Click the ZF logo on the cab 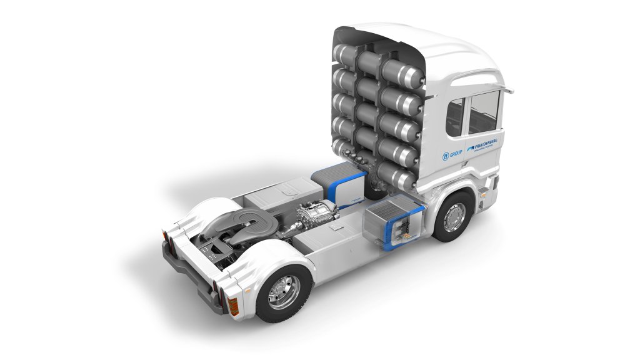point(446,154)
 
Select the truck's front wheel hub point(454,216)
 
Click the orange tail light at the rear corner point(233,304)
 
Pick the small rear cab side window point(455,117)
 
